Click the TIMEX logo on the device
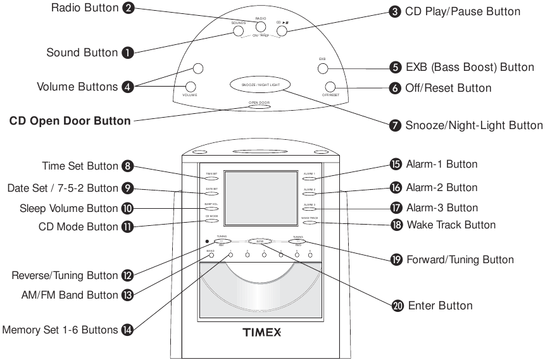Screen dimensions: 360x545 [261, 332]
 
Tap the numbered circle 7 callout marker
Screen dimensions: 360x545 [396, 125]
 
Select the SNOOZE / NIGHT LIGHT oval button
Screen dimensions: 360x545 [260, 84]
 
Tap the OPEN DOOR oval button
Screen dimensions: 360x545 [260, 106]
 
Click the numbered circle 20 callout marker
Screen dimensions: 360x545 [397, 305]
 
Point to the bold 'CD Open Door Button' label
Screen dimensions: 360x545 [70, 121]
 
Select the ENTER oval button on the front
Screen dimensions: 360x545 [259, 241]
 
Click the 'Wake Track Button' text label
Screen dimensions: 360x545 [451, 225]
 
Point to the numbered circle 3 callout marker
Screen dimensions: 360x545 [396, 11]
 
